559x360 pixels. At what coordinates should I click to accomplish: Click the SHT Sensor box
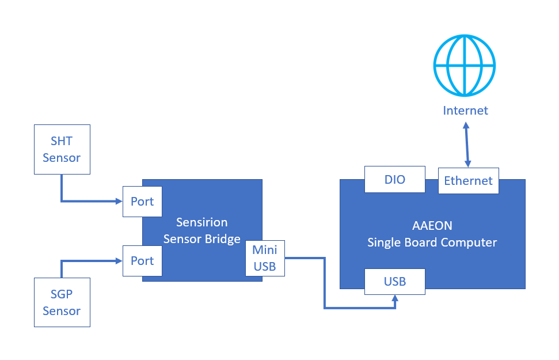pos(62,149)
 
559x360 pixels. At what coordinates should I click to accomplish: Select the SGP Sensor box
pos(62,302)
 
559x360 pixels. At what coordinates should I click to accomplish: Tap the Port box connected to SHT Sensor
pos(142,202)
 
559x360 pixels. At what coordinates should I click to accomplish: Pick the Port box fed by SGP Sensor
pos(142,261)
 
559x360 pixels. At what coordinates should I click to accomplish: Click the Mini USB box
pos(265,258)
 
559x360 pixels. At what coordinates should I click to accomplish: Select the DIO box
pos(395,180)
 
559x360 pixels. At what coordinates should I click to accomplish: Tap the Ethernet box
pos(468,181)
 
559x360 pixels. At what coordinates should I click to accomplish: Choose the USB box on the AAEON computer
pos(395,282)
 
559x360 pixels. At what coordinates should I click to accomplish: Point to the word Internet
pos(465,111)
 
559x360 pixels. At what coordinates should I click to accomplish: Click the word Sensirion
pos(201,222)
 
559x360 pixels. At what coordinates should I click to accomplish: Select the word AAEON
pos(432,226)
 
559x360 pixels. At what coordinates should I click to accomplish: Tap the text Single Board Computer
pos(432,242)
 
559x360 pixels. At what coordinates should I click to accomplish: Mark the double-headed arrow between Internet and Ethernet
pos(467,143)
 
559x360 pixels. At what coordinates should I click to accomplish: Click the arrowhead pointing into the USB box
pos(395,298)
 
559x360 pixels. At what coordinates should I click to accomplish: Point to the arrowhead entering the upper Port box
pos(119,202)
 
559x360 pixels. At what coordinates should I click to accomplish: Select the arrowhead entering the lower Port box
pos(119,261)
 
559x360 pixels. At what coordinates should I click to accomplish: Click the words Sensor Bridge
pos(201,239)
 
